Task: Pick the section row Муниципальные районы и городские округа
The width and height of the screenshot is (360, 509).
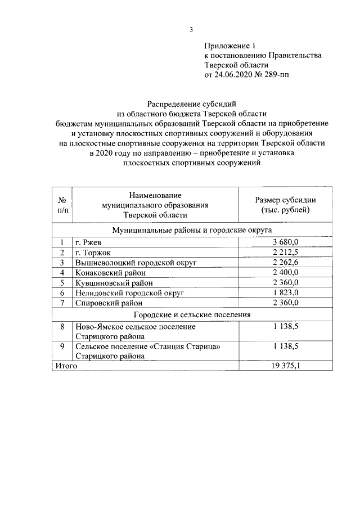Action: pos(192,230)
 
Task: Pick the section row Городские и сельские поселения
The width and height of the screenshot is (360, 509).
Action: pos(192,314)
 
